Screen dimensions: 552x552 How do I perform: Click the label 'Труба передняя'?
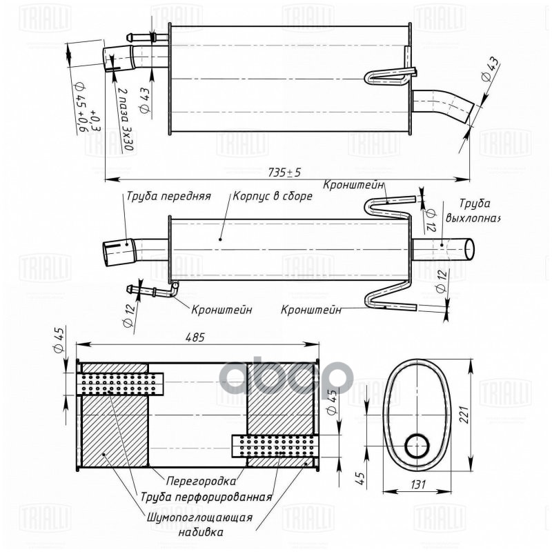[168, 196]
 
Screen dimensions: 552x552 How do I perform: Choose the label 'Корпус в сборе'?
[273, 196]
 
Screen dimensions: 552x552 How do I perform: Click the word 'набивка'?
[199, 532]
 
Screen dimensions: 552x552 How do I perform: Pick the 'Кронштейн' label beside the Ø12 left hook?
[221, 310]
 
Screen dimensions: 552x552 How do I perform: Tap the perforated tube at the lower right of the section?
[274, 445]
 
